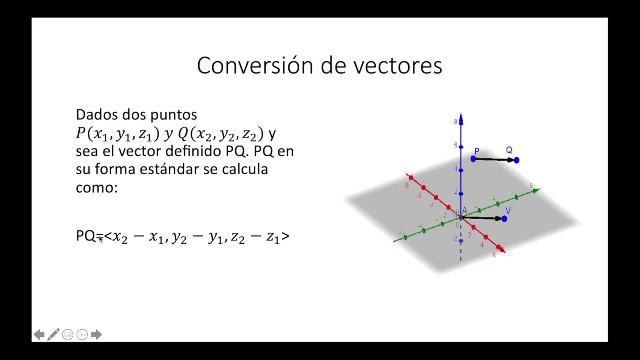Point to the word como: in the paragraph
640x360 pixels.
pyautogui.click(x=97, y=187)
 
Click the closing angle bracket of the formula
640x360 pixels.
pyautogui.click(x=285, y=236)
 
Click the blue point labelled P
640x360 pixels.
pyautogui.click(x=473, y=159)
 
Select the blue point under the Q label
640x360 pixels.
pyautogui.click(x=516, y=160)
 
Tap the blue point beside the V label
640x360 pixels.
pyautogui.click(x=505, y=218)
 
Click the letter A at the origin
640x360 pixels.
pyautogui.click(x=464, y=211)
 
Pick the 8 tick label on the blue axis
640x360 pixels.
pyautogui.click(x=455, y=122)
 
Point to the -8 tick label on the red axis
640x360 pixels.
pyautogui.click(x=406, y=186)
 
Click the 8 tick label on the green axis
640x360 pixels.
pyautogui.click(x=531, y=185)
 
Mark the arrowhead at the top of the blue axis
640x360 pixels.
pyautogui.click(x=461, y=118)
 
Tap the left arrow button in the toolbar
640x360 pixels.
pyautogui.click(x=39, y=335)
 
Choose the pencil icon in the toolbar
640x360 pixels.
pyautogui.click(x=53, y=334)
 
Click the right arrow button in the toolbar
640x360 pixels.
pyautogui.click(x=96, y=335)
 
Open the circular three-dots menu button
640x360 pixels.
pyautogui.click(x=82, y=335)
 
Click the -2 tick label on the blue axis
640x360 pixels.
pyautogui.click(x=454, y=239)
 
